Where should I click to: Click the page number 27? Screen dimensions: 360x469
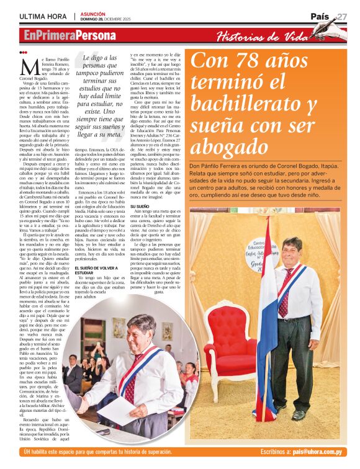pyautogui.click(x=343, y=17)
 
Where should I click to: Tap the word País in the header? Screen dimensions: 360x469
pyautogui.click(x=320, y=17)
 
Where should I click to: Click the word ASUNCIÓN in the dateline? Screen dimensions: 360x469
pyautogui.click(x=92, y=13)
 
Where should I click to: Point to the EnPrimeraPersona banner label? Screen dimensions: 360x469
pyautogui.click(x=70, y=36)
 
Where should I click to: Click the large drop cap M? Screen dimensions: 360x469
pyautogui.click(x=25, y=66)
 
